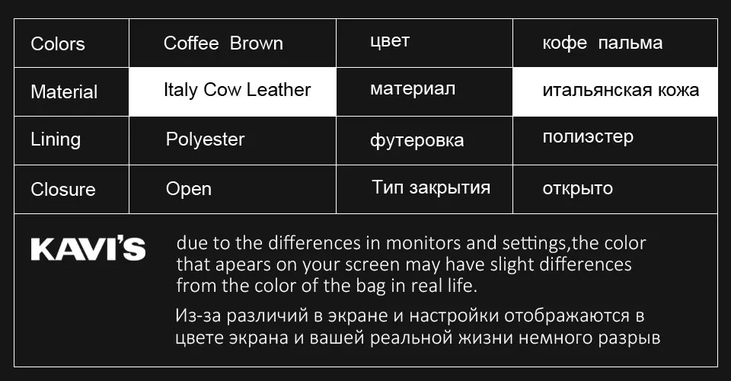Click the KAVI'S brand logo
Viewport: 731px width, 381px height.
point(88,249)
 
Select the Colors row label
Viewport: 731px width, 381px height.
point(58,44)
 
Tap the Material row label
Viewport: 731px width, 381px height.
point(64,92)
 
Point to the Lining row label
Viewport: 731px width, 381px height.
point(56,139)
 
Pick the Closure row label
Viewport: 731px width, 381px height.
point(63,189)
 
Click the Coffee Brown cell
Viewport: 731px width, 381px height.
point(223,43)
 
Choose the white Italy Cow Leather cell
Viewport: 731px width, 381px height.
point(237,90)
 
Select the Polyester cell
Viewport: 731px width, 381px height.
point(205,139)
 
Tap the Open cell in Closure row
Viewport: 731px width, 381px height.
point(189,189)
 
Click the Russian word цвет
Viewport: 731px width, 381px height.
point(389,41)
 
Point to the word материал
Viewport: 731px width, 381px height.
point(413,89)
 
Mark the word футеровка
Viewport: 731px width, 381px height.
point(417,140)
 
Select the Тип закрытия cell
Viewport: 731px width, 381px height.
point(431,187)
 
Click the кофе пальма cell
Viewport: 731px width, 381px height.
point(602,43)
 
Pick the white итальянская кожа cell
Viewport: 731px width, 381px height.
point(621,90)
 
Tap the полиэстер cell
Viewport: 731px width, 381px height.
point(588,137)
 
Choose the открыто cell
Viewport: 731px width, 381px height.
point(578,188)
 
